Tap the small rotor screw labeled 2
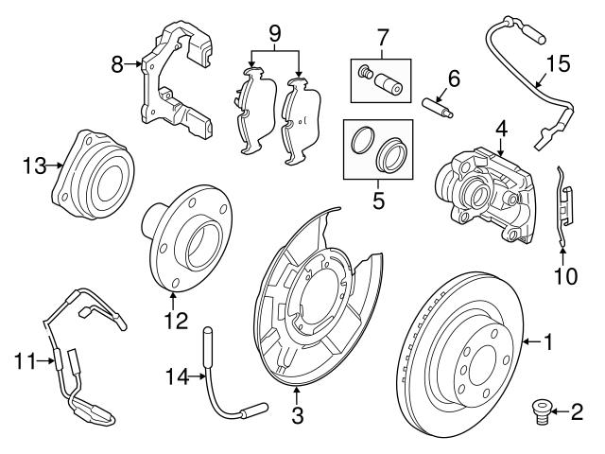(537, 411)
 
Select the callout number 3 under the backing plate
(297, 413)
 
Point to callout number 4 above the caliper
(500, 126)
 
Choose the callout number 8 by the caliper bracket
(118, 65)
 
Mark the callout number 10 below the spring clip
(564, 277)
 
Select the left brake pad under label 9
(250, 111)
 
